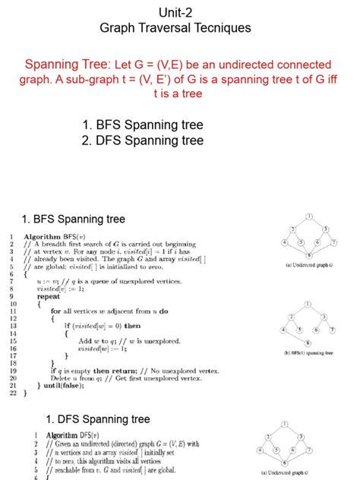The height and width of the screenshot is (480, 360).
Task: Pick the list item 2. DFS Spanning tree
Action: tap(143, 141)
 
